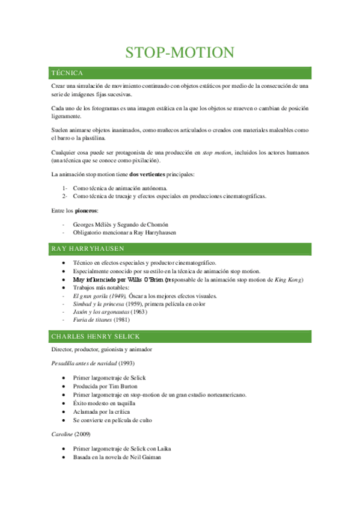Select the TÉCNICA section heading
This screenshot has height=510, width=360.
click(x=67, y=73)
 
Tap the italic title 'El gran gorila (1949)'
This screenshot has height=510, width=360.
click(x=99, y=296)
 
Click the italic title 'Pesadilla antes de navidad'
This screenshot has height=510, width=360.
click(x=84, y=363)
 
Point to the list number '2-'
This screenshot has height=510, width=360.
click(x=65, y=196)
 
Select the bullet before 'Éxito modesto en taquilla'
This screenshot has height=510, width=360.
click(x=64, y=403)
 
